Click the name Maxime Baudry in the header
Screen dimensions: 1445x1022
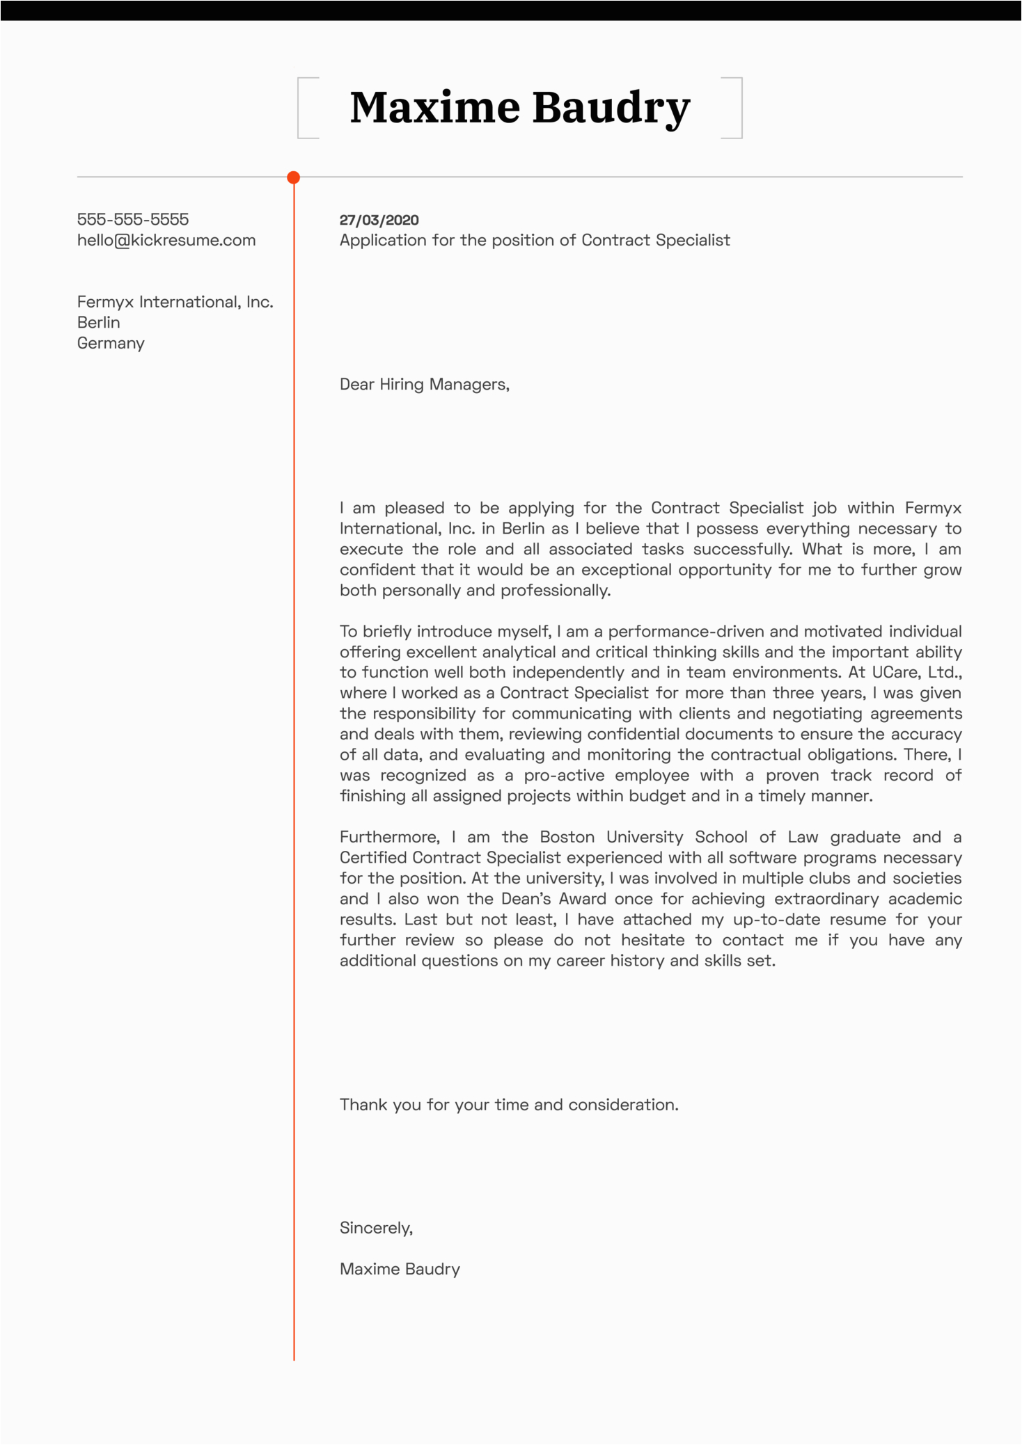(x=519, y=108)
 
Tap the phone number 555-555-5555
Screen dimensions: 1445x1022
(x=132, y=219)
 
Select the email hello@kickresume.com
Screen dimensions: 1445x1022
(x=166, y=240)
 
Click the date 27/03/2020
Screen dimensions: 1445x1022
(x=379, y=220)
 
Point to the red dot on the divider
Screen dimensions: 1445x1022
(x=294, y=177)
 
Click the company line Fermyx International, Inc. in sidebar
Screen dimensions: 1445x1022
(x=175, y=302)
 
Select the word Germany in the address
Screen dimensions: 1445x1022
(x=111, y=343)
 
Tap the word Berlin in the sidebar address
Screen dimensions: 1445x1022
(x=98, y=322)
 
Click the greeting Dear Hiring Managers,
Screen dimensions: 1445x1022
(x=424, y=384)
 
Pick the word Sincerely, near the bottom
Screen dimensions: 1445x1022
(x=376, y=1228)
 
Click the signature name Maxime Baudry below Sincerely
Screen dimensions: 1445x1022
(x=400, y=1269)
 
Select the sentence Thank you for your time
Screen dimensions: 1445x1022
(x=508, y=1105)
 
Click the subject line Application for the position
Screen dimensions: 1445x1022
(x=534, y=240)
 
